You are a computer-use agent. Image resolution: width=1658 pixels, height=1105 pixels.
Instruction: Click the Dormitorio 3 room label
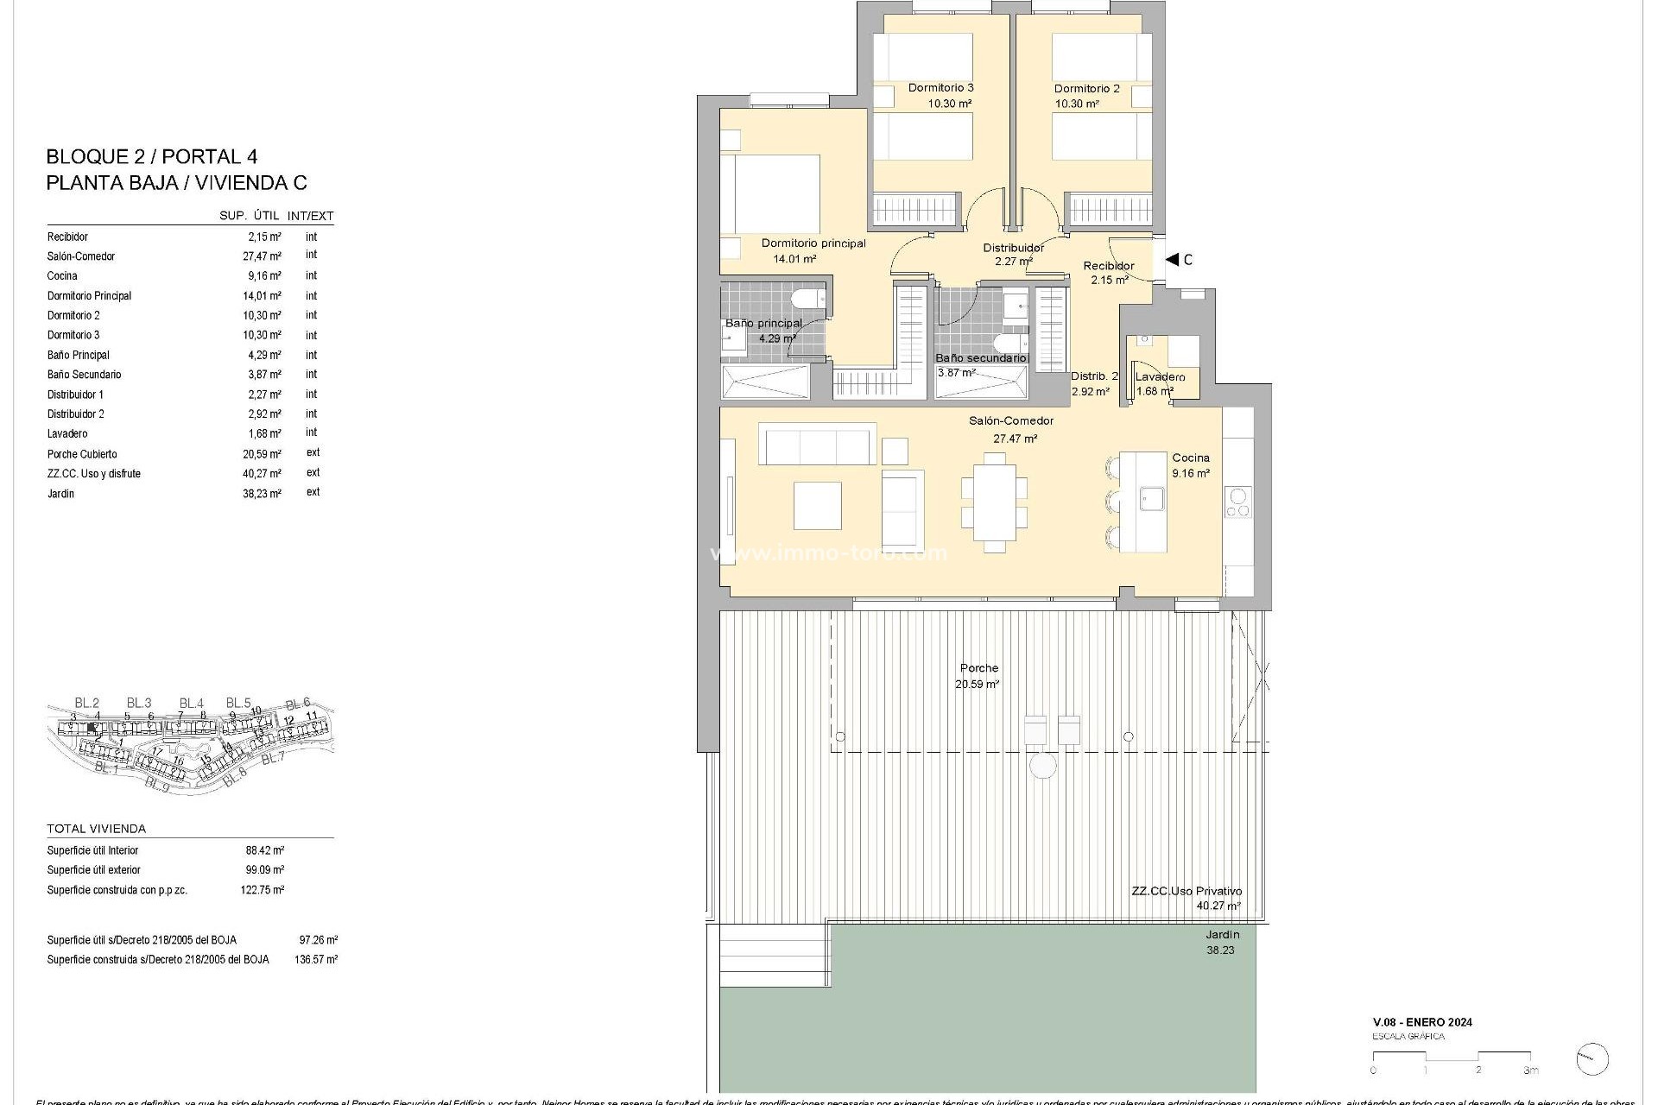coord(940,87)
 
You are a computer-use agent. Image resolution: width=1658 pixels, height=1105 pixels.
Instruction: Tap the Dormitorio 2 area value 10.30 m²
coord(1076,104)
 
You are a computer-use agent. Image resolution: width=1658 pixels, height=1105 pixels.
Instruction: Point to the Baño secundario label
coord(982,357)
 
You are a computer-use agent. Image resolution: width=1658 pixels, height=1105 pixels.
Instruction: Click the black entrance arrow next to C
coord(1172,259)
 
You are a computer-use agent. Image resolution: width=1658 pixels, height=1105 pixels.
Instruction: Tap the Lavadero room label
coord(1160,377)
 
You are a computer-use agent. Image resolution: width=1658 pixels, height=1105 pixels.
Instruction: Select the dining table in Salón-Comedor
coord(994,502)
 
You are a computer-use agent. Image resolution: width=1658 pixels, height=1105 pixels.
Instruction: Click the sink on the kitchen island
coord(1151,498)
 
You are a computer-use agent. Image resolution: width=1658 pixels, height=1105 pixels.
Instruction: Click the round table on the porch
coord(1042,765)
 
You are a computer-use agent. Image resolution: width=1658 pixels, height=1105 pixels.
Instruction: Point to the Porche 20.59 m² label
coord(978,675)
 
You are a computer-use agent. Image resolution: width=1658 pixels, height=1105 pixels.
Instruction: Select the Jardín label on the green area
coord(1222,934)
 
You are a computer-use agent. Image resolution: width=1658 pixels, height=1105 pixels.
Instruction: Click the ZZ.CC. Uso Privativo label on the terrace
coord(1187,891)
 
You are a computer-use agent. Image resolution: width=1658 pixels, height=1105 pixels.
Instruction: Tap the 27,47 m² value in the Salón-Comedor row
coord(262,256)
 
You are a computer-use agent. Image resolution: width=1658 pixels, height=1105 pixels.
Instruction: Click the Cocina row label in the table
coord(62,276)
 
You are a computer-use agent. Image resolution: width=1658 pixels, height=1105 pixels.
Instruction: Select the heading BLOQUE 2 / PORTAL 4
coord(151,157)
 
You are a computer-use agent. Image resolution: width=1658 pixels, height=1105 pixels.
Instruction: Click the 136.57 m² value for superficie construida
coord(315,959)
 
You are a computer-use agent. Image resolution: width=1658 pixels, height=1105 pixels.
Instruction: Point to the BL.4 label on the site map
coord(191,703)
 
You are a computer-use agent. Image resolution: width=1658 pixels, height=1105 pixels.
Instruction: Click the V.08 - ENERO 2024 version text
coord(1422,1022)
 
